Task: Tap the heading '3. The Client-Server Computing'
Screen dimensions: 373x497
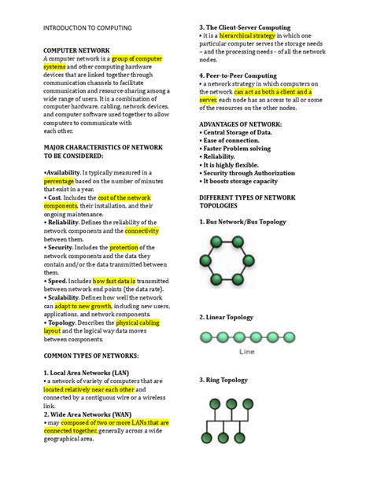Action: [245, 28]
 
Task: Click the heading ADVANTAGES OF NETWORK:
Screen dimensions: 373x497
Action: [241, 124]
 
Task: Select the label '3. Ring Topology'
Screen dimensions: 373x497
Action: [226, 380]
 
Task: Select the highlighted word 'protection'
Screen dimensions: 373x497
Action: [124, 248]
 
